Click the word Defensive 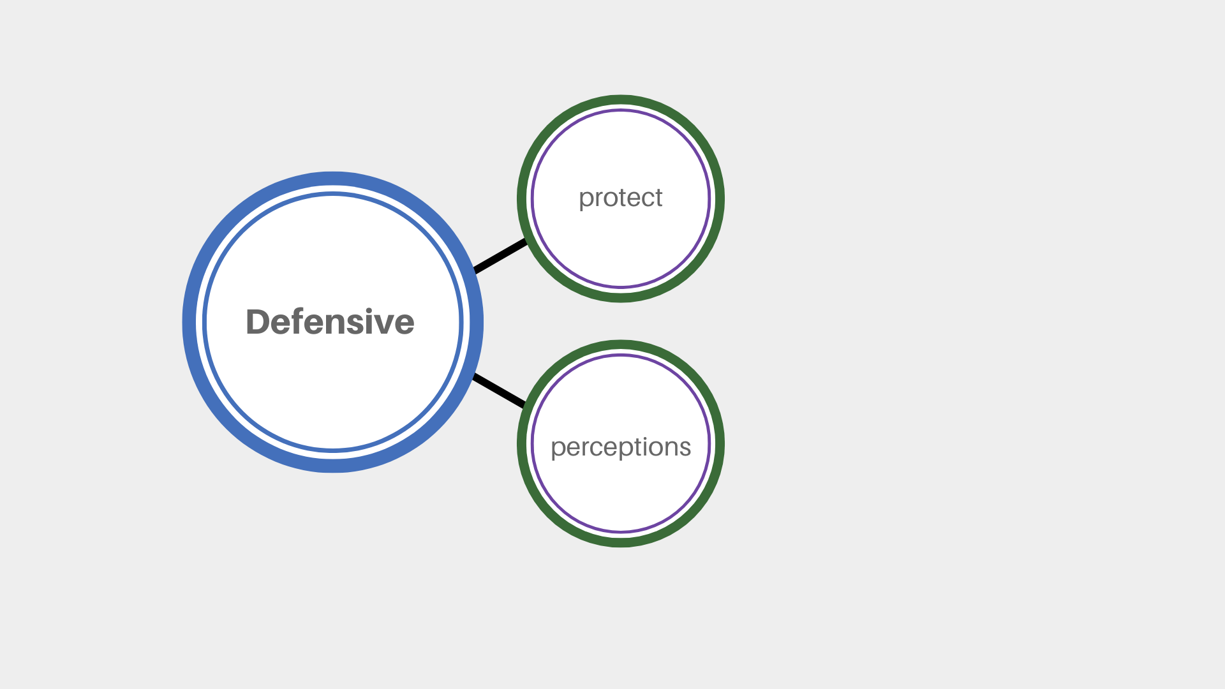point(330,322)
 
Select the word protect point(621,198)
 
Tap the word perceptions point(621,447)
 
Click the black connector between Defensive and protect point(500,256)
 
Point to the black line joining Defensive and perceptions point(500,390)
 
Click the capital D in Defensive point(258,322)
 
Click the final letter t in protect point(658,198)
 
